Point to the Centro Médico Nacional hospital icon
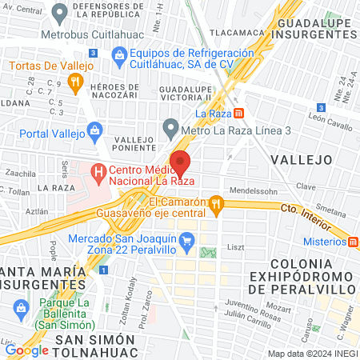tap(98, 170)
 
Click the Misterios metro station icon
tap(353, 242)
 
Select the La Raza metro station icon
tap(238, 114)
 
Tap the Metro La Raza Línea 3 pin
tap(170, 126)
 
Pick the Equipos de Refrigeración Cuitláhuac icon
tap(119, 54)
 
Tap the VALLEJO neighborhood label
tap(300, 160)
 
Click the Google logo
tap(26, 350)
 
